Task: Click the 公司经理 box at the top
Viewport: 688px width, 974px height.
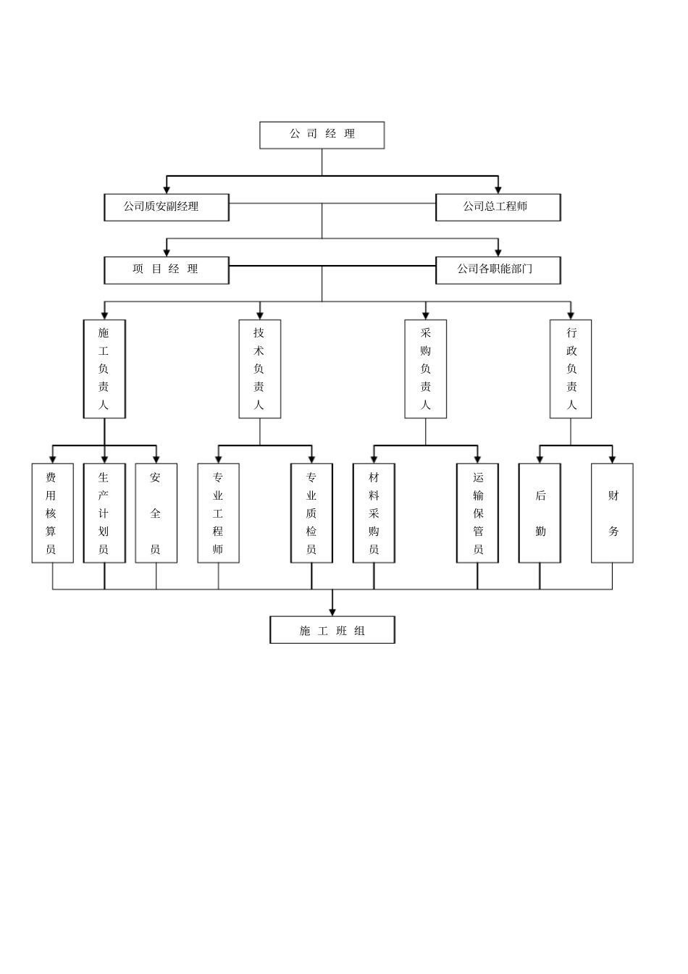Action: tap(322, 135)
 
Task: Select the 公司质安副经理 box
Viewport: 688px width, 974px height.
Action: tap(167, 207)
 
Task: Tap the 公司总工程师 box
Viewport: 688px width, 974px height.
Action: tap(498, 207)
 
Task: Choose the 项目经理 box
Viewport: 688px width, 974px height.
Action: tap(167, 270)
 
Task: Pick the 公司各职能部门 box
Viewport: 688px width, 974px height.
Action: tap(498, 270)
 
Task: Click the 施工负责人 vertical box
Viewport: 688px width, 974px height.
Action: tap(104, 369)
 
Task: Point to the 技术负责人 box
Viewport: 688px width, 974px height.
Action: tap(260, 369)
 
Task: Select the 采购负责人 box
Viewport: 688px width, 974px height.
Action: tap(425, 369)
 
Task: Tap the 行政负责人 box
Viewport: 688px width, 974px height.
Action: tap(571, 369)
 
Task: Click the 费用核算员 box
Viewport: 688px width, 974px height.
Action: tap(53, 513)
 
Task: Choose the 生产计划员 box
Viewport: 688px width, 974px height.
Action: tap(104, 513)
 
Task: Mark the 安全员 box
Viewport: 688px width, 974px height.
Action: tap(156, 513)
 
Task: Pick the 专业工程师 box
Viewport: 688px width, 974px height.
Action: tap(218, 513)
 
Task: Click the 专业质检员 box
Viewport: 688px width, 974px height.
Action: tap(311, 513)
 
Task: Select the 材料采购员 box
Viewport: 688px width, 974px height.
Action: tap(374, 513)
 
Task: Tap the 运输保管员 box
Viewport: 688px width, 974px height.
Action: tap(477, 513)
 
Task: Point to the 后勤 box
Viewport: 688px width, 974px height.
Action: tap(540, 513)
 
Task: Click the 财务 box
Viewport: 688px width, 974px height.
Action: tap(612, 513)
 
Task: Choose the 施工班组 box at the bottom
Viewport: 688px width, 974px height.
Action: tap(332, 629)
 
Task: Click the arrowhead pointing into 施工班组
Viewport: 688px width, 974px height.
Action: tap(332, 613)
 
